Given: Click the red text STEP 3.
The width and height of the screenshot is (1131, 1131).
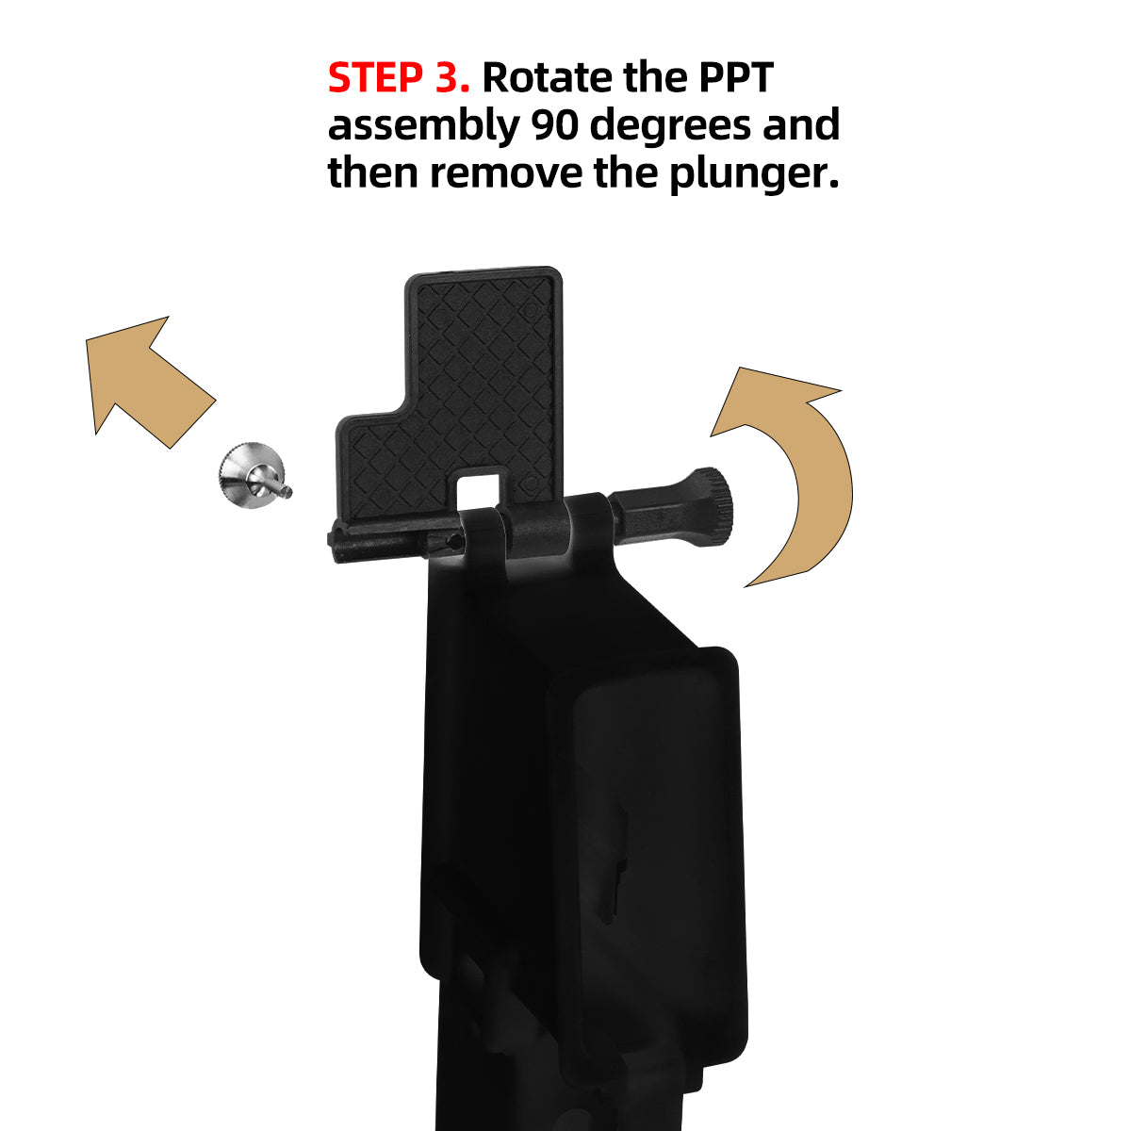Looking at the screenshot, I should (398, 77).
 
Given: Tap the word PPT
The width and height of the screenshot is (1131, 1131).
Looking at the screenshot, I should (735, 77).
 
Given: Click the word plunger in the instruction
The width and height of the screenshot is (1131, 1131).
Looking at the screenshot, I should (753, 175).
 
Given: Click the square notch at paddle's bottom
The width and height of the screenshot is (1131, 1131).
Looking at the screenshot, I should (479, 487).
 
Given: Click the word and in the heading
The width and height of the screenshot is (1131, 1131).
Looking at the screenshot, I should (800, 125).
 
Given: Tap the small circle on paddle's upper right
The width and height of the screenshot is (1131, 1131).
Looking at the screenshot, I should (530, 309).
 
